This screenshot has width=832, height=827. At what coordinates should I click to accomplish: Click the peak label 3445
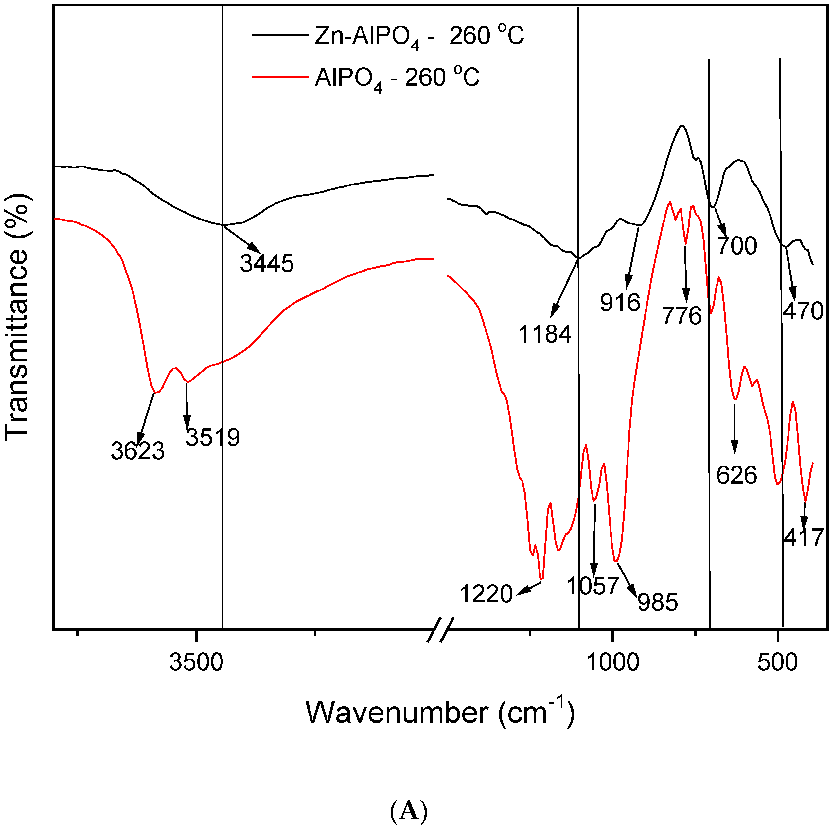click(267, 263)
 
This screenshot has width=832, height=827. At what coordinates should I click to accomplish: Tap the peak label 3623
click(137, 451)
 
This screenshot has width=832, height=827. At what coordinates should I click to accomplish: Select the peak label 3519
click(213, 437)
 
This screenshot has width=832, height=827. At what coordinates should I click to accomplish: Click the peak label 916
click(620, 303)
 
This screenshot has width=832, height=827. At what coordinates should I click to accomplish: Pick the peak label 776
click(682, 316)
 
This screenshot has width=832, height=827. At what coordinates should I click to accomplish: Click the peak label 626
click(736, 475)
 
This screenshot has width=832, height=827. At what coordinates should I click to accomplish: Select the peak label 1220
click(486, 594)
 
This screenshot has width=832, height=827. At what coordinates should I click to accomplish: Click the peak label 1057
click(593, 586)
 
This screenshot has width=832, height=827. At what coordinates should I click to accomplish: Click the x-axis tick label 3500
click(196, 662)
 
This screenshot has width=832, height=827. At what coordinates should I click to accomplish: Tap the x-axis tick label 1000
click(612, 662)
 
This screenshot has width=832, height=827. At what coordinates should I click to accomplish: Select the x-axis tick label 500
click(778, 662)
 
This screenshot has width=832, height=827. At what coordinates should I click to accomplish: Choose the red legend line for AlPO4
click(280, 77)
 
